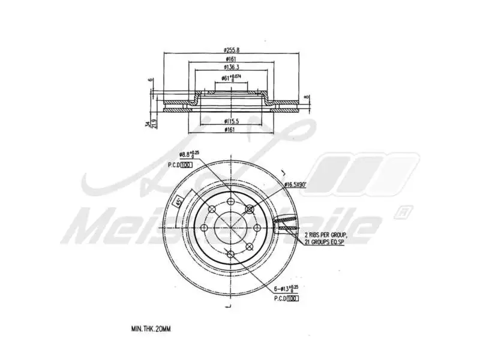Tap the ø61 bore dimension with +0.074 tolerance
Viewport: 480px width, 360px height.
(231, 77)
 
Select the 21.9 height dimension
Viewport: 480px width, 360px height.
(154, 124)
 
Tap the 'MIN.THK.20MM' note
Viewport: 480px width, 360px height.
(151, 329)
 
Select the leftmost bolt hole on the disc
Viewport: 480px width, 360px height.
(204, 227)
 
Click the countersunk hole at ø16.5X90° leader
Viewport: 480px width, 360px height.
(250, 209)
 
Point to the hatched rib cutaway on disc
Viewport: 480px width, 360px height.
(286, 224)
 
